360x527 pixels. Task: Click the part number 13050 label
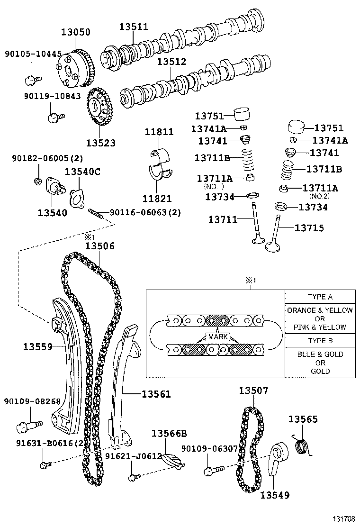click(76, 32)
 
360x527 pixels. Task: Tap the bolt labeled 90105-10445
click(33, 80)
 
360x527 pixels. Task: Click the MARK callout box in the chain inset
click(218, 337)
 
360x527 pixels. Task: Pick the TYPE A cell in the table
click(320, 297)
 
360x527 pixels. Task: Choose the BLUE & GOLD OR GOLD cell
click(320, 363)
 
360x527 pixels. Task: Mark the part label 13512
click(171, 62)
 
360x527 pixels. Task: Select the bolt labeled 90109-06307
click(214, 470)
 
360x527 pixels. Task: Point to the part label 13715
click(309, 228)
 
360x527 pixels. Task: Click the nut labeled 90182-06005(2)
click(37, 182)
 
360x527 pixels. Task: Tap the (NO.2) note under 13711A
click(319, 196)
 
